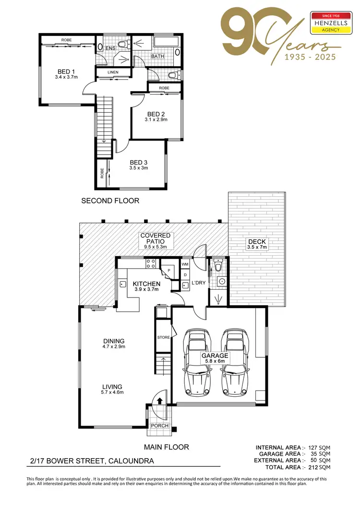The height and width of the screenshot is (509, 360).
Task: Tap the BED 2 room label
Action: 156,114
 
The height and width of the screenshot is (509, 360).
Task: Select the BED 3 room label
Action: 138,162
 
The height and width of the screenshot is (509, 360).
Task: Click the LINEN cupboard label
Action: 113,73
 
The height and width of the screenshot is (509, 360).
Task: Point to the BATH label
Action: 158,56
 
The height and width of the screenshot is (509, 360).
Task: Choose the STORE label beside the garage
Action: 164,338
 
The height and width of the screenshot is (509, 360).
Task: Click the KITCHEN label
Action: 146,284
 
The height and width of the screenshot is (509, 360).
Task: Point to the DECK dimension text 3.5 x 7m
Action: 256,247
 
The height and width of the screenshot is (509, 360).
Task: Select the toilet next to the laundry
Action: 219,266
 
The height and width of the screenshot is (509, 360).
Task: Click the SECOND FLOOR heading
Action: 110,201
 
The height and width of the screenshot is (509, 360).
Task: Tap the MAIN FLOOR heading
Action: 167,447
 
